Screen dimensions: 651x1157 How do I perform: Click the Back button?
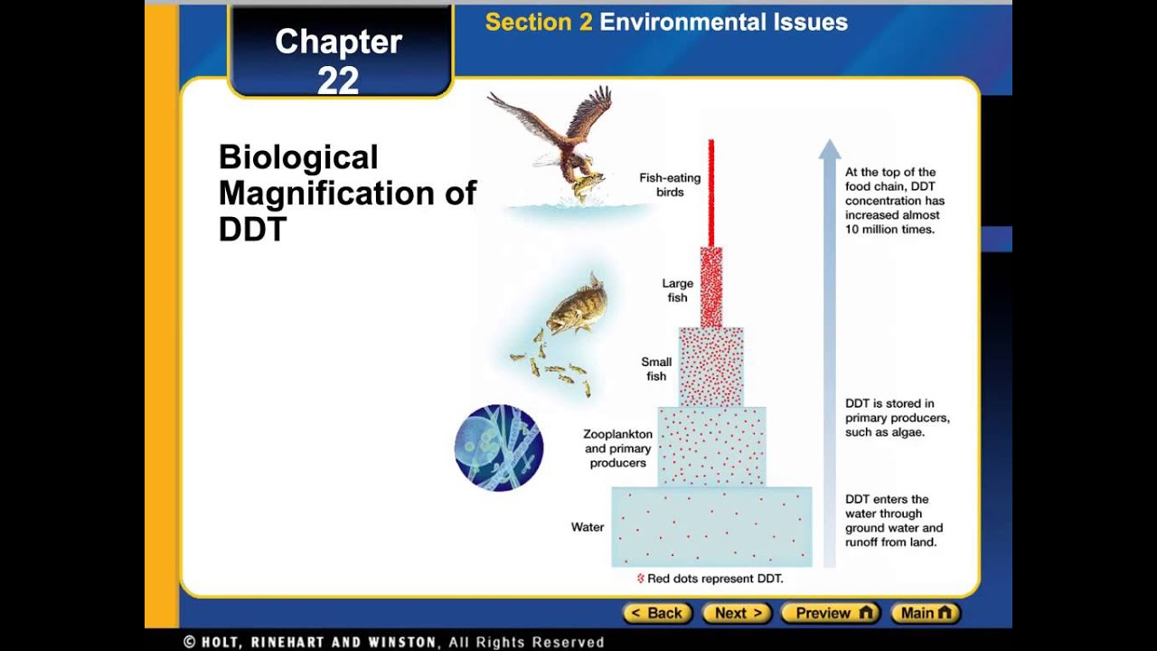657,613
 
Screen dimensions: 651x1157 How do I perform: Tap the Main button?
926,613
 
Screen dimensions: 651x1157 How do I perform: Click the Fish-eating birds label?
670,185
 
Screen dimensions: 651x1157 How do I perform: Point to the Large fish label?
677,290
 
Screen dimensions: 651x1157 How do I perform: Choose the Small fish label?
656,369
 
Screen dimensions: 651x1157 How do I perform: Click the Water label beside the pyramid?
588,527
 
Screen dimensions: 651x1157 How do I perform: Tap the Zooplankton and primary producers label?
618,448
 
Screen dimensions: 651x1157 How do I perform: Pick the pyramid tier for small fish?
711,366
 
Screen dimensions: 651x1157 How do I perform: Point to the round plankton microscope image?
499,448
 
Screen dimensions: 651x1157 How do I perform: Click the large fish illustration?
576,306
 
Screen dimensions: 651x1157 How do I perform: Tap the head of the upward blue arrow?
830,149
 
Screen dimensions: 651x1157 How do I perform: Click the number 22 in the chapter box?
338,81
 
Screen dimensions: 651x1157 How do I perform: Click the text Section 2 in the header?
539,23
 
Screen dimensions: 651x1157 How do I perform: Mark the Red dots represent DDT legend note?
710,579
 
